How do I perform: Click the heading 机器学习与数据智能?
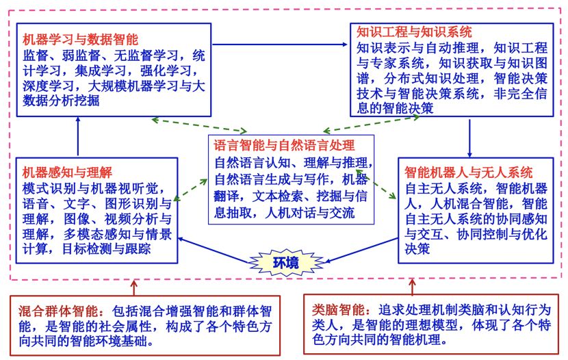(x=70, y=39)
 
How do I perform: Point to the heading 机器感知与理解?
(x=66, y=172)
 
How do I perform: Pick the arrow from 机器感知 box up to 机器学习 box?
(x=79, y=134)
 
